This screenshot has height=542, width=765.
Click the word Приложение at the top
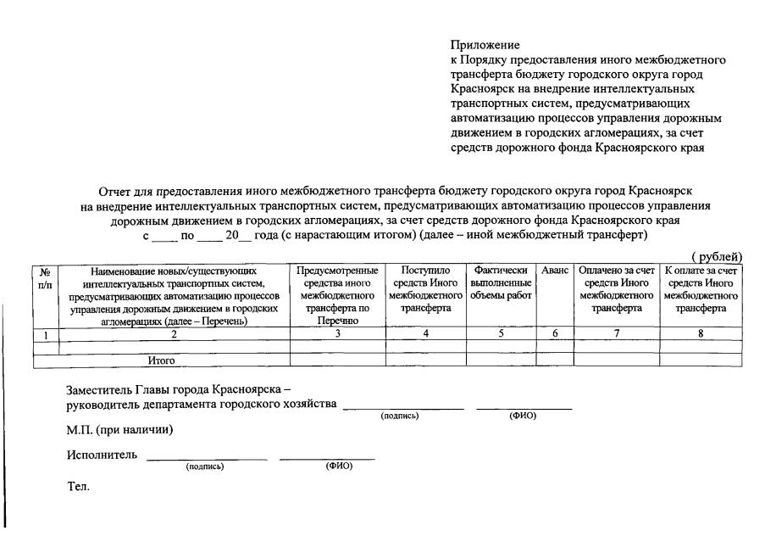[x=485, y=44]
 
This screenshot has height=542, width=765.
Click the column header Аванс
[x=555, y=271]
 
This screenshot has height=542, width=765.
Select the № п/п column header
[x=45, y=277]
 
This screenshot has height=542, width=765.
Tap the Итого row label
[x=161, y=360]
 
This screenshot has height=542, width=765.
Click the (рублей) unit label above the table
[x=717, y=257]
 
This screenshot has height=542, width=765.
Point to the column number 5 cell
[x=501, y=333]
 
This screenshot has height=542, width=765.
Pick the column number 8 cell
[x=701, y=333]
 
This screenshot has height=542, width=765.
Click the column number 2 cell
[x=174, y=333]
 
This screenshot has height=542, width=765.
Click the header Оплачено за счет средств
[x=617, y=289]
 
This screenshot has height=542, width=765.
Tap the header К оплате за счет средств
[x=701, y=289]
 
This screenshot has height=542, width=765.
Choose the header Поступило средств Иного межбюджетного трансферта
[x=425, y=289]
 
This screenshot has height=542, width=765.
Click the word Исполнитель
[x=101, y=455]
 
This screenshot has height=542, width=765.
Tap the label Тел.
[x=77, y=488]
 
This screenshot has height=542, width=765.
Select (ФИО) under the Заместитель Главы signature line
[x=521, y=415]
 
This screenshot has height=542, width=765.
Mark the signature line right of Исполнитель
[x=207, y=459]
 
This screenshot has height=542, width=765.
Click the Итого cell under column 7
[x=617, y=360]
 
